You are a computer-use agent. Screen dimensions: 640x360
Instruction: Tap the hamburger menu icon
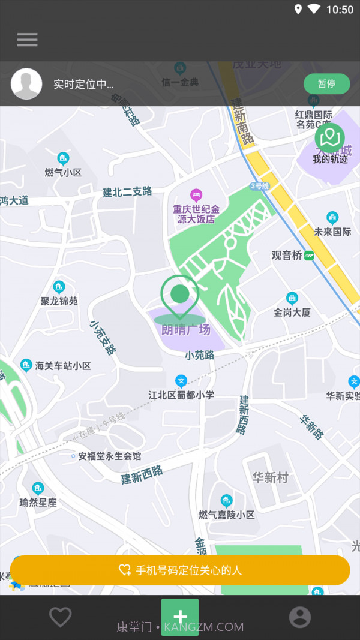click(x=27, y=40)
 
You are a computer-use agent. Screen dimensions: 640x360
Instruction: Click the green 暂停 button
click(x=326, y=84)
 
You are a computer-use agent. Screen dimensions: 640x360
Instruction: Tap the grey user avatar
click(x=26, y=84)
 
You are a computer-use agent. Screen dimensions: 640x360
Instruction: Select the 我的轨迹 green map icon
click(x=329, y=139)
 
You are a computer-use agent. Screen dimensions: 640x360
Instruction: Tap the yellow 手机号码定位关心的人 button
click(x=180, y=570)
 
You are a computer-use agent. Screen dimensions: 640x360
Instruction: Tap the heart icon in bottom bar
click(x=60, y=617)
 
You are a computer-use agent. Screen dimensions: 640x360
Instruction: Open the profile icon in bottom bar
click(x=300, y=617)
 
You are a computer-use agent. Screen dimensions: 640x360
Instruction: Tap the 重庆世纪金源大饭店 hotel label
click(x=196, y=214)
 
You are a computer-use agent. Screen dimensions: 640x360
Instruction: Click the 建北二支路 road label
click(x=127, y=192)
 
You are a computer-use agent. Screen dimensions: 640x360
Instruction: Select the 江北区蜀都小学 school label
click(x=181, y=395)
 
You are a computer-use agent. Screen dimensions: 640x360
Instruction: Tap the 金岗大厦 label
click(x=292, y=312)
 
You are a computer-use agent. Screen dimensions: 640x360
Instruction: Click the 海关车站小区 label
click(x=62, y=365)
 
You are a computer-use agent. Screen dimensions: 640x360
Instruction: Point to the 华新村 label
click(x=270, y=477)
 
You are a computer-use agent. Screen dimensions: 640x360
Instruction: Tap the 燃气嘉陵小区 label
click(x=227, y=515)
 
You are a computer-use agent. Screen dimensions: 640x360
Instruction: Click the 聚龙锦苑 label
click(x=59, y=301)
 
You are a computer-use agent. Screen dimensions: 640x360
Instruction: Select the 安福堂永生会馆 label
click(x=109, y=456)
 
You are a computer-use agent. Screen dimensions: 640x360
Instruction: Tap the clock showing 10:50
click(x=340, y=10)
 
